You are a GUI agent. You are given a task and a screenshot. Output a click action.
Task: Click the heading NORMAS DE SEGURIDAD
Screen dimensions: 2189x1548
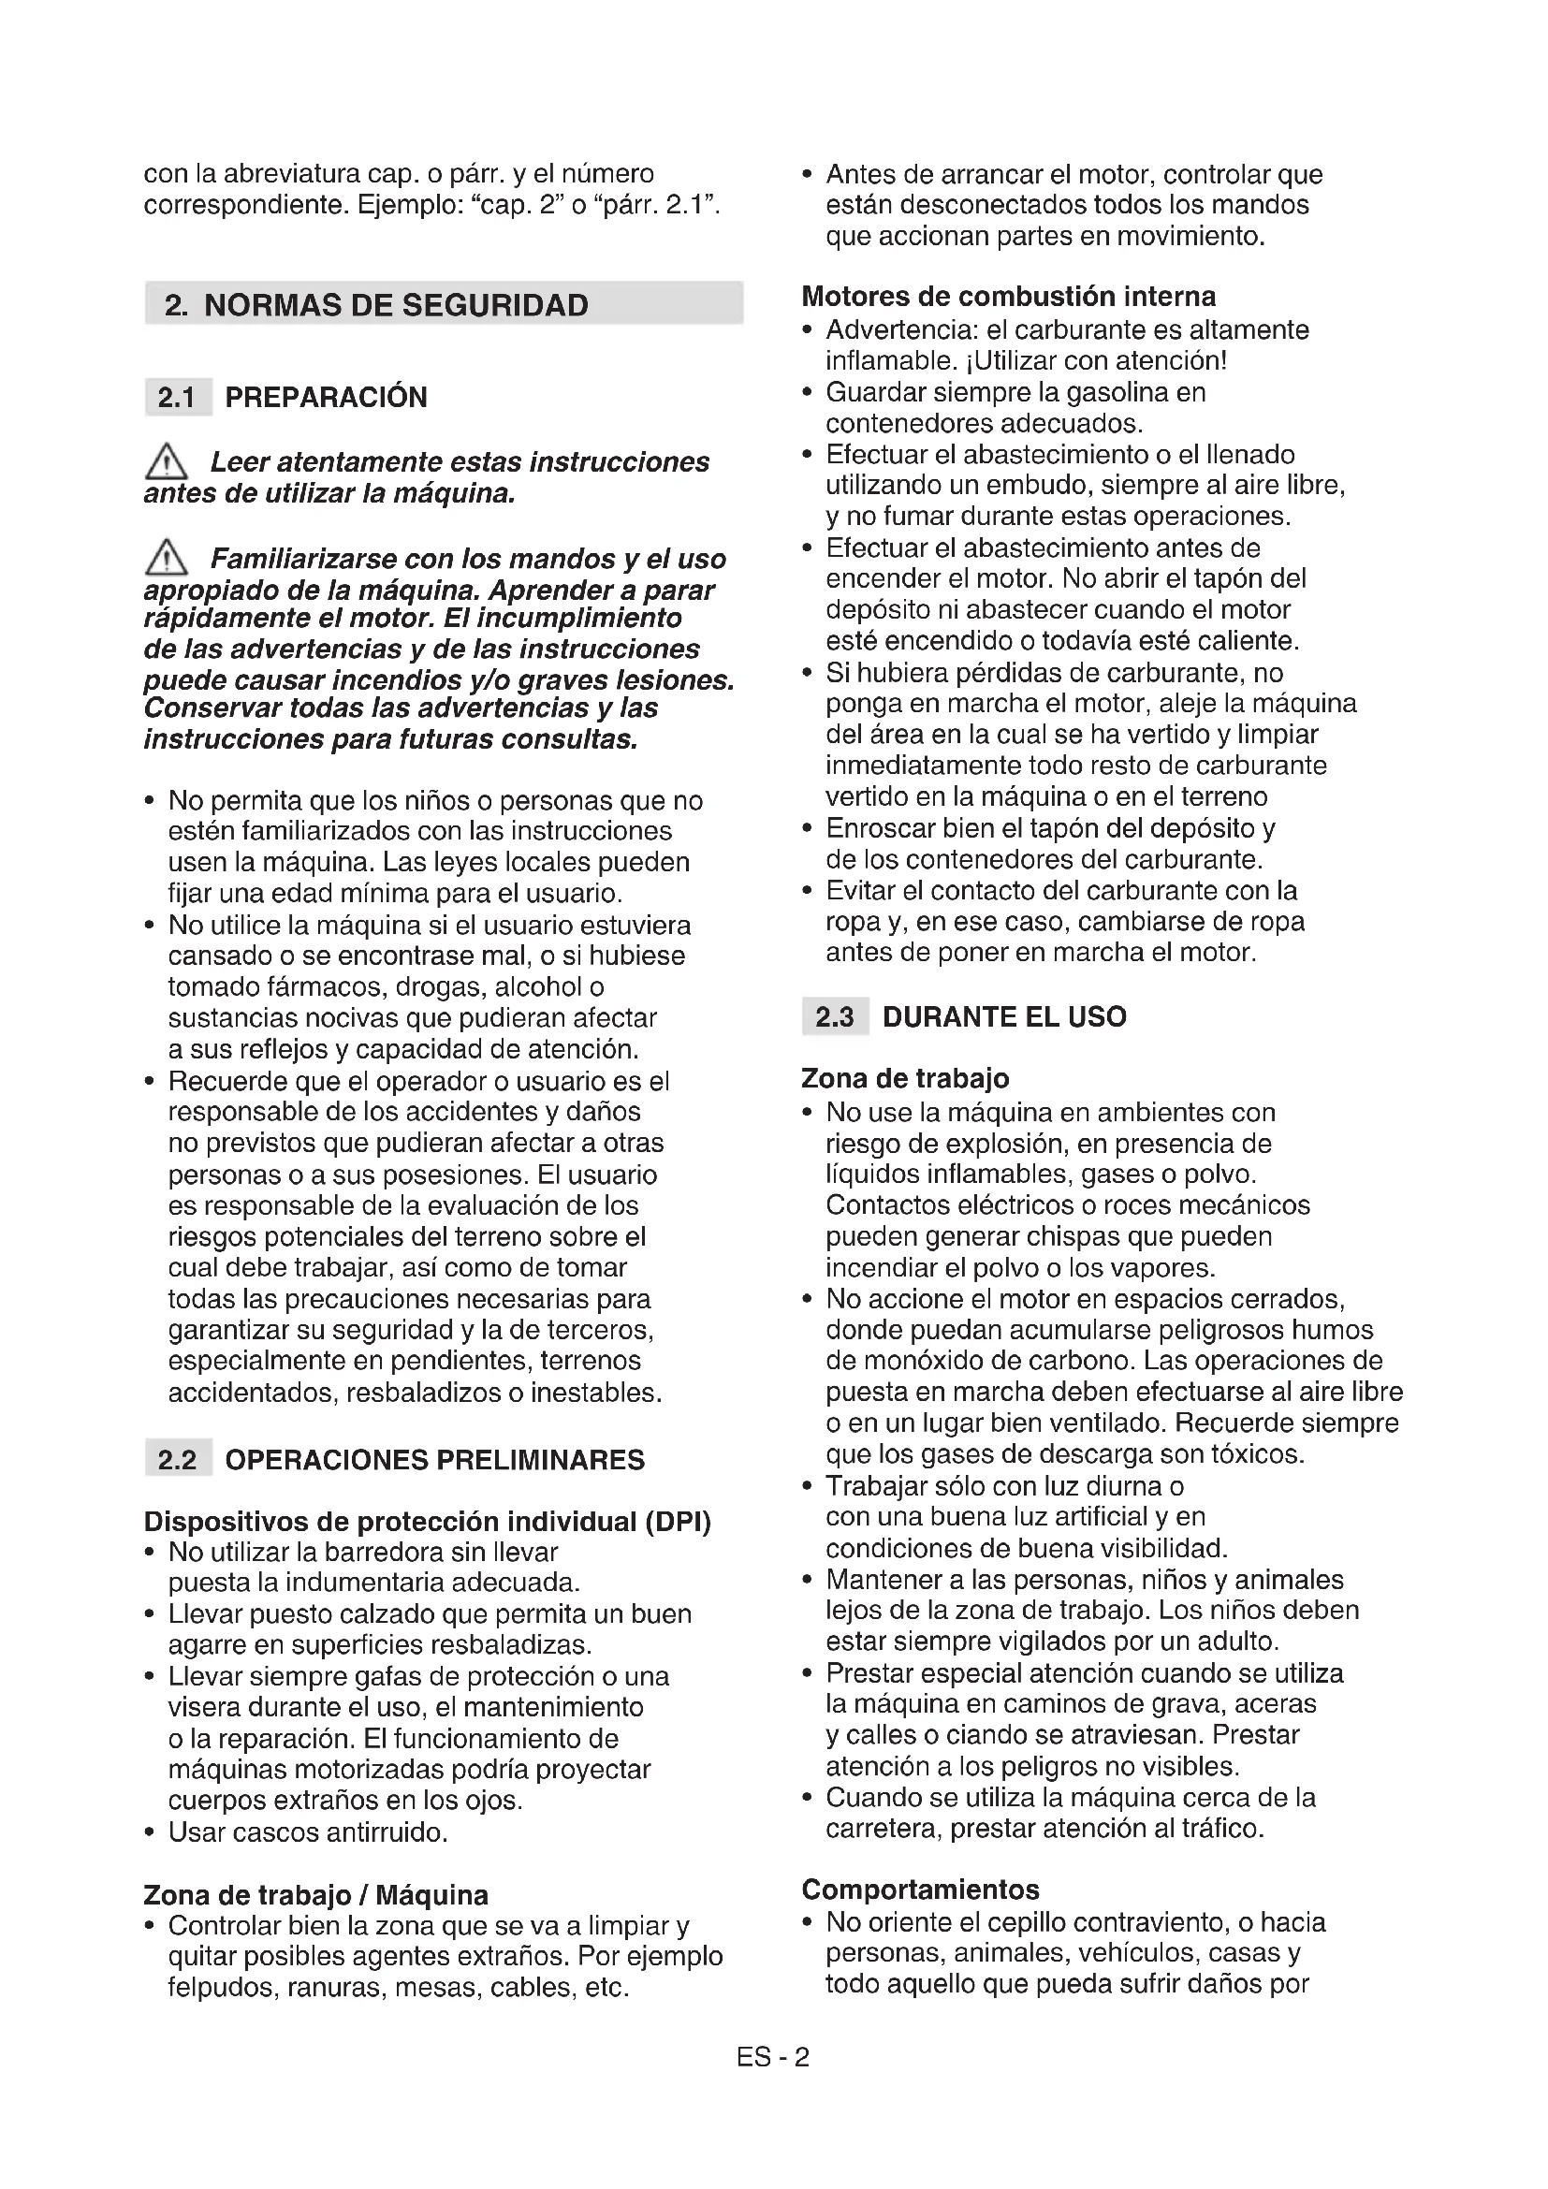[396, 305]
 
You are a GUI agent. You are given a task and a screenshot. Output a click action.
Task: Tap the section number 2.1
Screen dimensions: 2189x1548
[176, 397]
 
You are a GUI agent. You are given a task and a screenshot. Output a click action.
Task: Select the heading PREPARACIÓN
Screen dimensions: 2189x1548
[326, 397]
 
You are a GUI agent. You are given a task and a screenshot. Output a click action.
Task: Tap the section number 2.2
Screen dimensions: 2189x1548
[177, 1460]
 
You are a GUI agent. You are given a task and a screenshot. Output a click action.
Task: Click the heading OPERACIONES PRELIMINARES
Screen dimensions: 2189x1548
[434, 1460]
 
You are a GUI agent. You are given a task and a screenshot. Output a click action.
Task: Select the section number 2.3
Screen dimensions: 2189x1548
[834, 1016]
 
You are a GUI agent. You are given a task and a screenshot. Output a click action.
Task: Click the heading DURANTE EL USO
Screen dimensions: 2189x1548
[1003, 1016]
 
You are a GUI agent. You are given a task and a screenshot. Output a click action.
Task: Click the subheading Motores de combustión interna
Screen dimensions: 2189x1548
[1008, 297]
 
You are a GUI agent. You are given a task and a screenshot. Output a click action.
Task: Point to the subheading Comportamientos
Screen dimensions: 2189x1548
[920, 1889]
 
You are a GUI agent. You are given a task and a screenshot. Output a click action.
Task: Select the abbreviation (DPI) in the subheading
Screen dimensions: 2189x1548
[678, 1522]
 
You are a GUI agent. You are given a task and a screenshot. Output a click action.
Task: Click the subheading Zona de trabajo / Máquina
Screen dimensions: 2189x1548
[315, 1894]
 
